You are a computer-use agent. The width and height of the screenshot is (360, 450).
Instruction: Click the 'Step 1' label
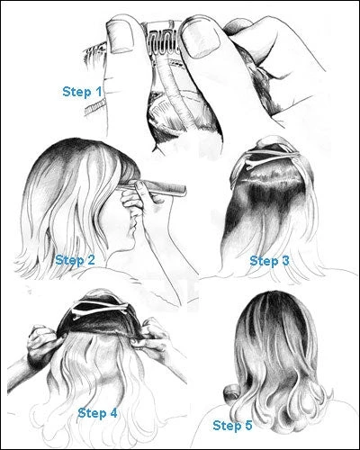(x=82, y=91)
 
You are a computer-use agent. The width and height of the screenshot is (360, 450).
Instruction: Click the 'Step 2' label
(x=76, y=260)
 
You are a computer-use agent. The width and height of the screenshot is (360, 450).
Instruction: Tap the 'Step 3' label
(x=268, y=260)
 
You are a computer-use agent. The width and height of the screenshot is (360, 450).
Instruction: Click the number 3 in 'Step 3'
(x=284, y=260)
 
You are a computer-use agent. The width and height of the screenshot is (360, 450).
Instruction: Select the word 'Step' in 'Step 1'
(x=76, y=91)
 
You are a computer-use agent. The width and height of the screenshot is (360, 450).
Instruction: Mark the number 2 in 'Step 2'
(x=93, y=260)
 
